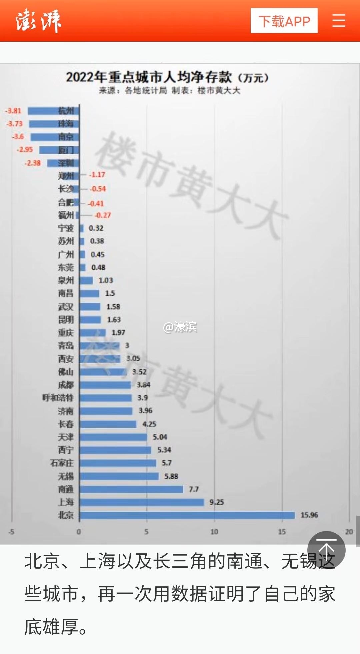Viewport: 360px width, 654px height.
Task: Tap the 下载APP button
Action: pos(284,21)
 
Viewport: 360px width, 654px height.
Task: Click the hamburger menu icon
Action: pos(339,21)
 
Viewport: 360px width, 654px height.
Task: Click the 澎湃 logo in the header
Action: pos(38,21)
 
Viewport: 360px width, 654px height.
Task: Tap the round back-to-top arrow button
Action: pos(326,550)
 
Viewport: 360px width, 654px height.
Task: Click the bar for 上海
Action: pos(142,502)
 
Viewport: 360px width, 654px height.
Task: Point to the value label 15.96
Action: pos(309,515)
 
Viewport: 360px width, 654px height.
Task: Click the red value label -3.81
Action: pos(13,111)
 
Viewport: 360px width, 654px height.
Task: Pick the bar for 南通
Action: pos(131,489)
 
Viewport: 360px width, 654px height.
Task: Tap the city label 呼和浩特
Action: pos(58,398)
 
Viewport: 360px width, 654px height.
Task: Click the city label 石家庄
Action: pos(62,463)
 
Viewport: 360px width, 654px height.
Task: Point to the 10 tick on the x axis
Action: pos(214,532)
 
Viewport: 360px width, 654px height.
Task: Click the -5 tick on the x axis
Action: pos(11,532)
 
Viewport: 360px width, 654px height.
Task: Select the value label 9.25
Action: pos(217,502)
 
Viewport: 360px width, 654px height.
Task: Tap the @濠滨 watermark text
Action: pos(180,327)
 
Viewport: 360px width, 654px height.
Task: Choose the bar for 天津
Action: pos(113,437)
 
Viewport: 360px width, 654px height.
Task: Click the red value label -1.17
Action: pos(97,175)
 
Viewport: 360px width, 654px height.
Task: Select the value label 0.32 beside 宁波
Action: pos(96,228)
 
